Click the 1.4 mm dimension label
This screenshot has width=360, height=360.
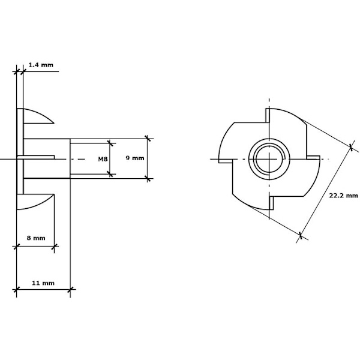41,65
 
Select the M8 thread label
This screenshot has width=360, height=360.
103,159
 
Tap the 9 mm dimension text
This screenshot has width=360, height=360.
135,158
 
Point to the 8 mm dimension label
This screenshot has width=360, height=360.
36,238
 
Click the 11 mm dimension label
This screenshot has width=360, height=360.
43,283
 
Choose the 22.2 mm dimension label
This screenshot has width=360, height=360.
343,196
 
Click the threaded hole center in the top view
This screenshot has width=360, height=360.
269,159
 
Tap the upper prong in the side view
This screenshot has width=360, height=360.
38,116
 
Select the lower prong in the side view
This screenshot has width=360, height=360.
35,202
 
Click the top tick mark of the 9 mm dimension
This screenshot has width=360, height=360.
148,139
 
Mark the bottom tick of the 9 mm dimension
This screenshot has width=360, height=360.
148,178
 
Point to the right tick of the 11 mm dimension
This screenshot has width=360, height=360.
70,290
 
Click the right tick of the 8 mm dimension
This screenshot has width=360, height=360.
54,247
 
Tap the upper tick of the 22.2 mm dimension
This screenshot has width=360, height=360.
351,147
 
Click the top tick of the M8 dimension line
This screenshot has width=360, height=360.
110,143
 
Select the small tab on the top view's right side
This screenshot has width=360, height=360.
313,157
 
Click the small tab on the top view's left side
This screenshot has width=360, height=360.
225,161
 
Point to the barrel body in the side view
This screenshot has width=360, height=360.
47,158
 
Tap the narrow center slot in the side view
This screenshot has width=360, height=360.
36,157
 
